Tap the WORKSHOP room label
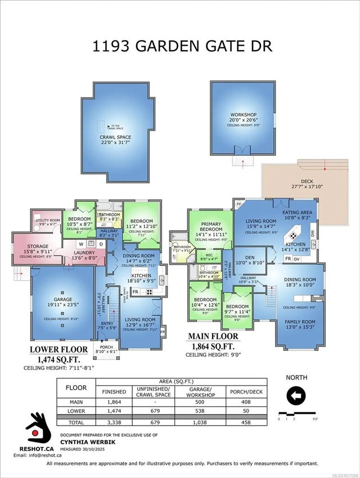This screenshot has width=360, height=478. pos(243,115)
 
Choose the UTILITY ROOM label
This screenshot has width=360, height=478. pos(46,220)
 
